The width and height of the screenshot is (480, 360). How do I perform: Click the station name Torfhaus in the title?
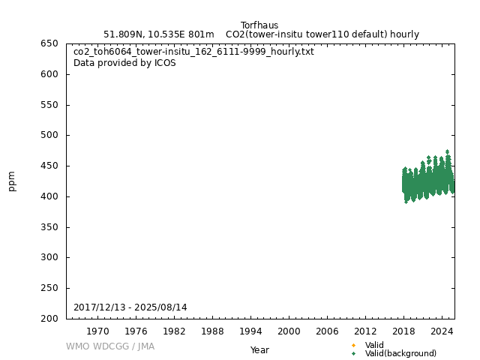(x=259, y=25)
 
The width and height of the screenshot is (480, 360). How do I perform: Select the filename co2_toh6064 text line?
(x=193, y=52)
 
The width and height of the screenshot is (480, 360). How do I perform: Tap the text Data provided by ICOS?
(x=124, y=63)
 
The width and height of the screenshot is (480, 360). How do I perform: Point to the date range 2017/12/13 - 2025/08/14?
(x=130, y=307)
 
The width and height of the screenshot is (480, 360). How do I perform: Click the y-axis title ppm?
(x=12, y=181)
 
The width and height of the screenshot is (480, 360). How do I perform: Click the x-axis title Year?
(x=259, y=349)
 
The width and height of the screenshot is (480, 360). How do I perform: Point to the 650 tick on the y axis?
(x=49, y=43)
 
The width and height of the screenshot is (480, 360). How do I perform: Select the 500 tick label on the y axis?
(x=49, y=135)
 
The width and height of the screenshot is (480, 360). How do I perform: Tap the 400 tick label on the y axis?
(x=49, y=196)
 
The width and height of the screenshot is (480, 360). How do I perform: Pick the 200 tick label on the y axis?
(x=49, y=319)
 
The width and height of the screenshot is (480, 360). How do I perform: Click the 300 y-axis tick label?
(x=49, y=257)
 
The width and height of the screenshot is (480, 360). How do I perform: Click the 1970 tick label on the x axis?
(x=97, y=331)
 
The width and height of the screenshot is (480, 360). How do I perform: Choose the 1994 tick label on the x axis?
(x=250, y=331)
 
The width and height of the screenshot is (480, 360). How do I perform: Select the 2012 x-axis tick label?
(x=365, y=331)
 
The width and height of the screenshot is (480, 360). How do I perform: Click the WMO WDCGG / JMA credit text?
(x=110, y=346)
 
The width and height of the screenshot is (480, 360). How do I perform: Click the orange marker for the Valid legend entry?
(x=353, y=345)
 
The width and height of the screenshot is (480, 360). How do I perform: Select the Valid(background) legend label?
(x=400, y=353)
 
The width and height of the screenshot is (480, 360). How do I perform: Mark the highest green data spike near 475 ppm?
(x=448, y=151)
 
